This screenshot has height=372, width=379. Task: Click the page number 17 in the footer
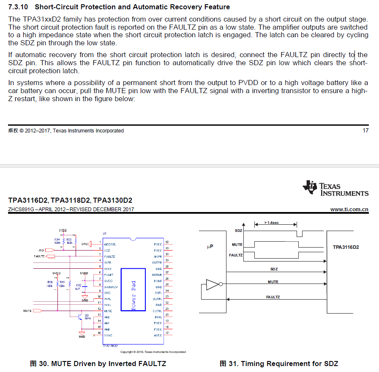(365, 130)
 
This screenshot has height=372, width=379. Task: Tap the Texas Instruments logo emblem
(309, 187)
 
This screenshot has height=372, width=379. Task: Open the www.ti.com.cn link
(349, 209)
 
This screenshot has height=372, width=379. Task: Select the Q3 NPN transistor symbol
(81, 316)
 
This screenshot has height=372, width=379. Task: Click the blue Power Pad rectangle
(133, 289)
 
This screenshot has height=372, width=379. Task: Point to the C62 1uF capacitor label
(79, 287)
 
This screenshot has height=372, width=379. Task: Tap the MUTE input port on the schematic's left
(37, 311)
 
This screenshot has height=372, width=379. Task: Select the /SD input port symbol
(50, 250)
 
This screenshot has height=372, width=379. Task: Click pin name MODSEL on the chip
(110, 244)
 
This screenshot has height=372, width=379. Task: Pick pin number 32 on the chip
(167, 242)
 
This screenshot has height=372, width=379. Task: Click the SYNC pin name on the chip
(108, 335)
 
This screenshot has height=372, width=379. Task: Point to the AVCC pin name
(158, 335)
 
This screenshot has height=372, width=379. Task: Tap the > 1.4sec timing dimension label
(271, 223)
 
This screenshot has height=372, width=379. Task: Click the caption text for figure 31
(279, 364)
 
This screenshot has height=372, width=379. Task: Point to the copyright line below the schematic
(153, 352)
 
